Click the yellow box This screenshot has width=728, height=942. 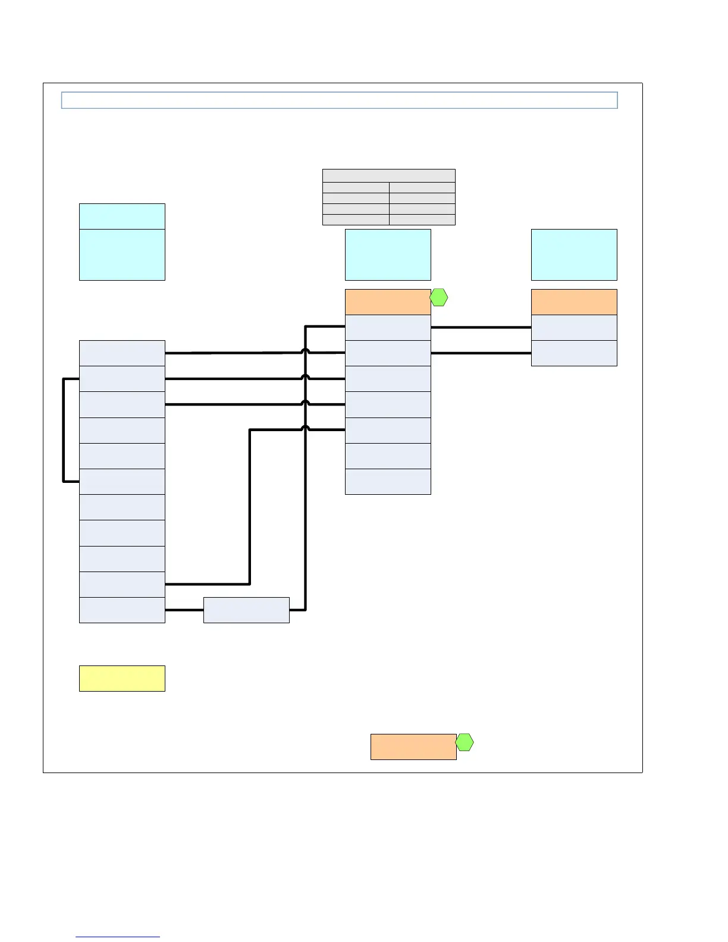pos(122,678)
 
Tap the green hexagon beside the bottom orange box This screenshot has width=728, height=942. pos(465,742)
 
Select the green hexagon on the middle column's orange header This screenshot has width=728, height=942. pos(439,297)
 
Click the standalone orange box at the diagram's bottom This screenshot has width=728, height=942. pos(413,746)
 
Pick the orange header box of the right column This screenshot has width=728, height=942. pos(574,302)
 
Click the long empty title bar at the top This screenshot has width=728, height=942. pos(339,100)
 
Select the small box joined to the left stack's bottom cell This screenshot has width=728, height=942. pos(246,610)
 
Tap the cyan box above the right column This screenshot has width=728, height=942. pos(574,255)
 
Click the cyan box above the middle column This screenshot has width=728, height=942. pos(388,255)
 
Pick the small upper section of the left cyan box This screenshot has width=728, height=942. pos(122,216)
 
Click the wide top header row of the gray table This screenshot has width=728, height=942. pos(388,175)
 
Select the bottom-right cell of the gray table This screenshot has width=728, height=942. pos(422,220)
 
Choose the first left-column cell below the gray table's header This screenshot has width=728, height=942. pos(356,188)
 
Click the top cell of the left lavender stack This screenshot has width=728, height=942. pos(122,353)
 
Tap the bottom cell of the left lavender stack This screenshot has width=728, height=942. pos(122,610)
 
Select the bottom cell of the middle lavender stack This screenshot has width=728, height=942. pos(388,482)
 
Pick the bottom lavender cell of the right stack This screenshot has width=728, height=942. pos(574,353)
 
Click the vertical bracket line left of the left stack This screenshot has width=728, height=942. pos(64,430)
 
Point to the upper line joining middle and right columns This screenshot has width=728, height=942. pos(481,327)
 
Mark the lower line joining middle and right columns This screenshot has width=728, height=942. pos(481,353)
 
